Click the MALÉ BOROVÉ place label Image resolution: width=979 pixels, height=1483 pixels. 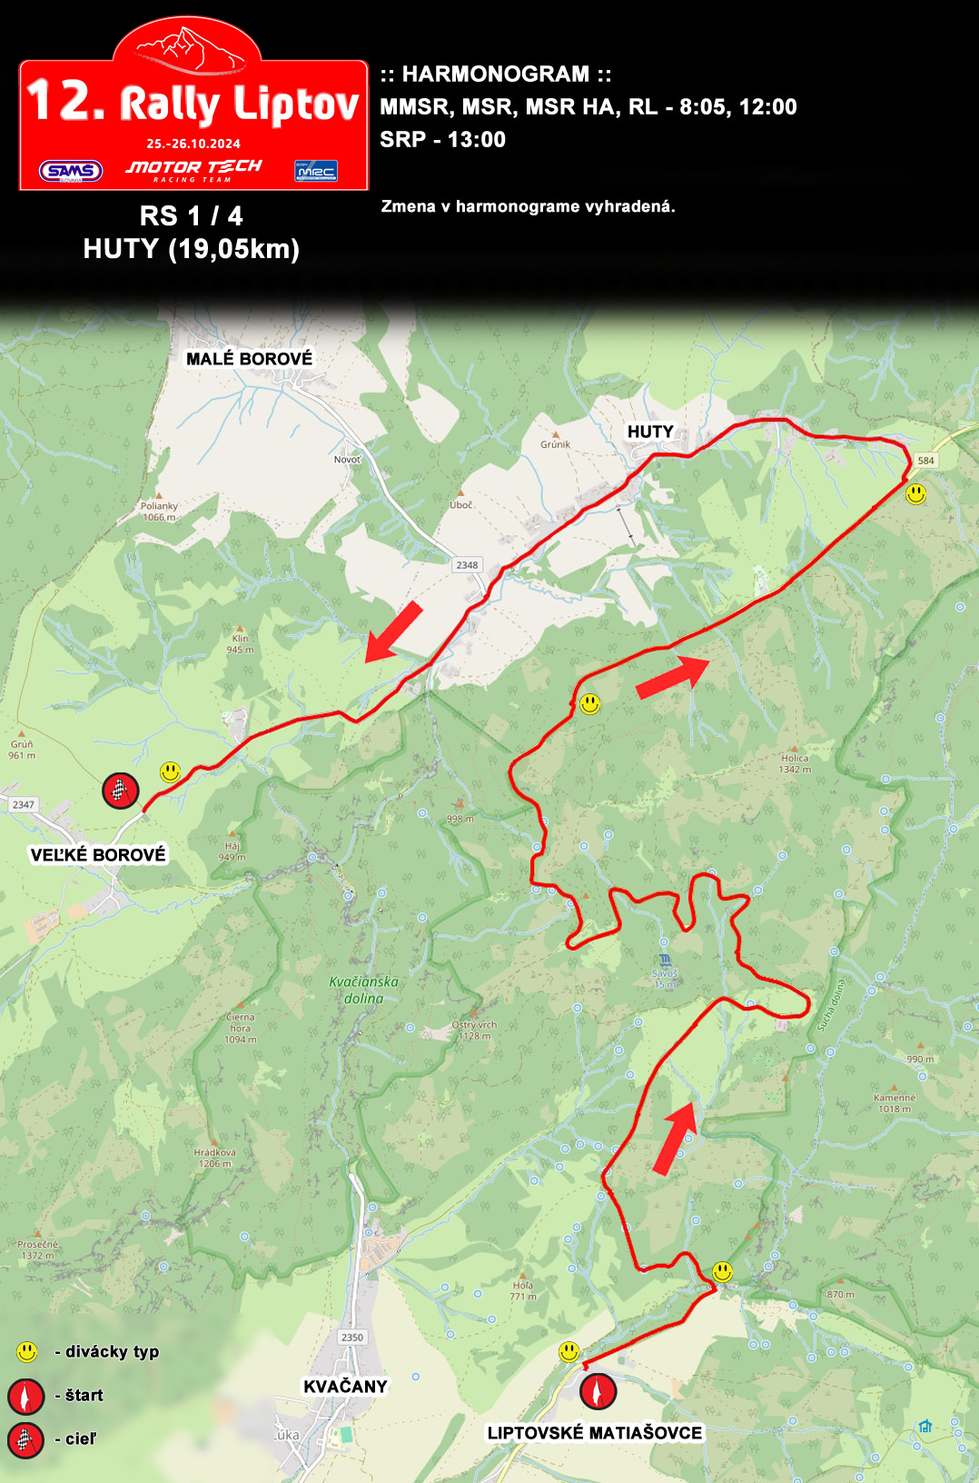[x=249, y=359]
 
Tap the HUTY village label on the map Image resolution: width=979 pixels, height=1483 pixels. [x=650, y=432]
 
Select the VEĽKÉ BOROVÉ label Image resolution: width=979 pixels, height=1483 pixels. [x=98, y=854]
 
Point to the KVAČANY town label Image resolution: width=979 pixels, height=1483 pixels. [x=345, y=1386]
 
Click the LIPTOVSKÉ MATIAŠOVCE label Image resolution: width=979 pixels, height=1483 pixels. [x=595, y=1433]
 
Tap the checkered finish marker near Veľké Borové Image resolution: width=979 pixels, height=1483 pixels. [x=120, y=791]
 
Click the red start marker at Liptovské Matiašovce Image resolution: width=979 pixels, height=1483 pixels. [x=598, y=1390]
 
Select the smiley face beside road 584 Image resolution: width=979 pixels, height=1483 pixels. [x=916, y=493]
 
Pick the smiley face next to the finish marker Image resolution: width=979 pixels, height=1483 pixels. [x=171, y=771]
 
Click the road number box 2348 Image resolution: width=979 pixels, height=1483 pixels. [x=467, y=565]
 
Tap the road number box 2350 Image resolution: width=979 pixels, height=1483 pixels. [x=352, y=1337]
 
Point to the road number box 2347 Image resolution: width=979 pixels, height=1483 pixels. [x=23, y=804]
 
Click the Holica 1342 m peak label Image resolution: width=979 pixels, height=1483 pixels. [x=795, y=763]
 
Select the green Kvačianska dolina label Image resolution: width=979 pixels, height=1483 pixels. [x=363, y=990]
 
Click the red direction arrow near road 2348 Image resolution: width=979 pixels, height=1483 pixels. [x=394, y=631]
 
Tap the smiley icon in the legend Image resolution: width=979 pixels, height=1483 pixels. [x=27, y=1352]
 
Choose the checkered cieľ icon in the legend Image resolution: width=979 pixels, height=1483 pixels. [x=25, y=1439]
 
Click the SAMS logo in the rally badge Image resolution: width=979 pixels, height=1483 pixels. [x=71, y=171]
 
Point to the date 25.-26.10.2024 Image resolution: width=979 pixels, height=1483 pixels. [x=193, y=144]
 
